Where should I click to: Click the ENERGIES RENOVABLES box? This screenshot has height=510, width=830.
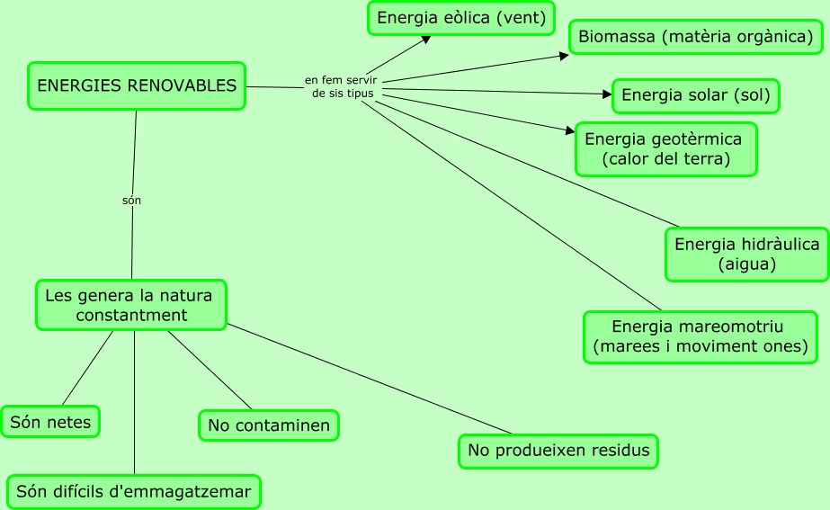[x=136, y=86]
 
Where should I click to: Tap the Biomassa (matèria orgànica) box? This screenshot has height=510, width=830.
[x=695, y=37]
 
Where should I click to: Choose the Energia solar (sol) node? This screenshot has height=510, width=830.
[x=695, y=95]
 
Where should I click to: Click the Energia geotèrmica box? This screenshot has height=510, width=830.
[x=665, y=149]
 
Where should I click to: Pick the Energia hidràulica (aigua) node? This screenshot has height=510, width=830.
[x=746, y=255]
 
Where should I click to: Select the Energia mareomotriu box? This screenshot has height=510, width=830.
[x=700, y=336]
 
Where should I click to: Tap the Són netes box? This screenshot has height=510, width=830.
[x=50, y=421]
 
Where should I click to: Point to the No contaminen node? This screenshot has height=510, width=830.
[x=268, y=425]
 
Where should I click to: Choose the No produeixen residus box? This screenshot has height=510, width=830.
[x=558, y=451]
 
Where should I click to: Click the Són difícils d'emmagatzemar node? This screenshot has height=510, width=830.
[x=134, y=492]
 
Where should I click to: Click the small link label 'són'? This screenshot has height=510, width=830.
[x=131, y=201]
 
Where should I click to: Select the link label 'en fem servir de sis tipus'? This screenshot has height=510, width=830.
[x=341, y=87]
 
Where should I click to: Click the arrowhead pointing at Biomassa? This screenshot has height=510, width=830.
[x=564, y=56]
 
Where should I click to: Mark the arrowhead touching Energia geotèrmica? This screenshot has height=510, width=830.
[x=569, y=131]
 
